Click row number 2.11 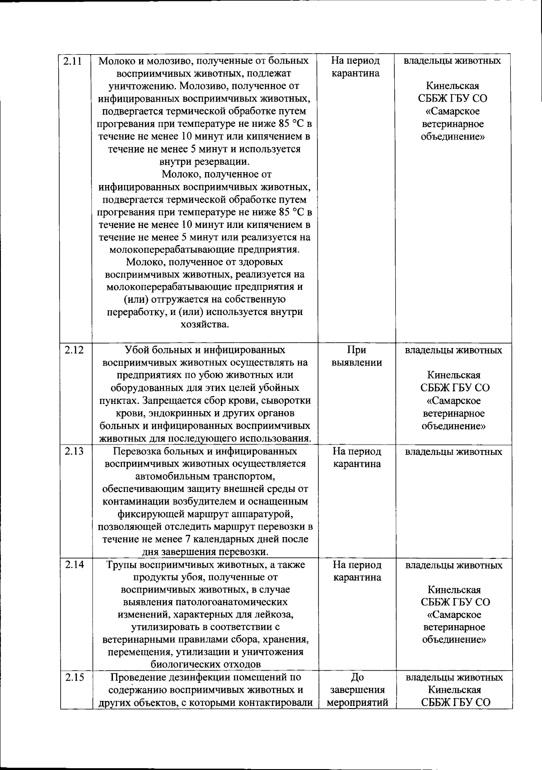72,61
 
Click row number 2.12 74,350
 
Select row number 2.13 74,451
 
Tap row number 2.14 74,565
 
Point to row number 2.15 74,677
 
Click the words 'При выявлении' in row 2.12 356,356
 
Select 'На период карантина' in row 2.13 357,457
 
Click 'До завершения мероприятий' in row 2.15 357,690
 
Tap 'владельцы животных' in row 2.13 453,451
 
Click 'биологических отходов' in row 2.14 205,664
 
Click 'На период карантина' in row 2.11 355,67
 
